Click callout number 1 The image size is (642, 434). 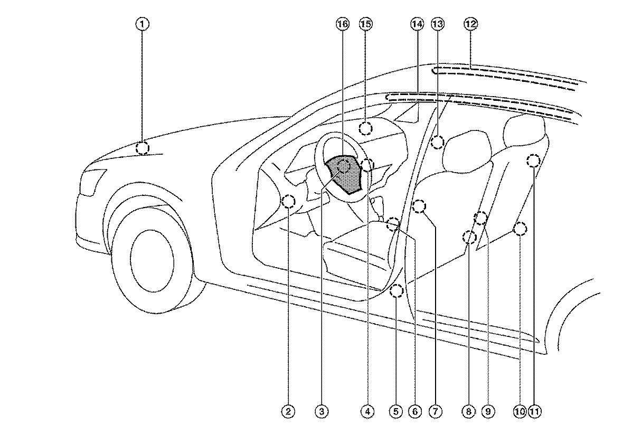click(143, 24)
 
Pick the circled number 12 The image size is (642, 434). click(470, 24)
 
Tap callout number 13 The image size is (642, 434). click(437, 24)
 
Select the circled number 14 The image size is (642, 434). click(417, 24)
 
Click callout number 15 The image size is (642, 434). click(365, 24)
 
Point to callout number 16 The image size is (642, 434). click(342, 24)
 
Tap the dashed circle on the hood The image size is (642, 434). click(143, 147)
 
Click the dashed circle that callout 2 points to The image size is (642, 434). click(289, 201)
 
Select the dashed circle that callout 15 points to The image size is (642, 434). click(366, 127)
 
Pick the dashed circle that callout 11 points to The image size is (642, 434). click(534, 161)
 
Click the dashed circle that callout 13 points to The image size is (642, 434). click(437, 142)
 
